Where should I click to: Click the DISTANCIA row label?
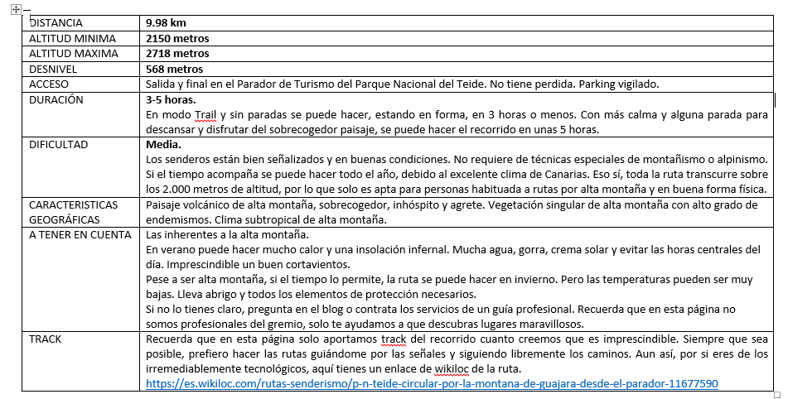point(56,23)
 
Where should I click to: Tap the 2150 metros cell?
point(176,38)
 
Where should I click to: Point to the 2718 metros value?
point(176,54)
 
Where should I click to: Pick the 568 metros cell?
point(173,69)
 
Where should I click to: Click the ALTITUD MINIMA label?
point(70,38)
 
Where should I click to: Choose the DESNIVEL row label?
point(53,69)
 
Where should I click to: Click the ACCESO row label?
point(49,84)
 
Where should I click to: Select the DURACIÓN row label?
point(56,99)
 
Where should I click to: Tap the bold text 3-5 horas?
point(170,99)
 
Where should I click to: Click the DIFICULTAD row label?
point(59,144)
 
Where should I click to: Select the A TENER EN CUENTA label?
point(80,234)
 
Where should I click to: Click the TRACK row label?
point(46,339)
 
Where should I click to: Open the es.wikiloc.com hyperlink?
point(431,383)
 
